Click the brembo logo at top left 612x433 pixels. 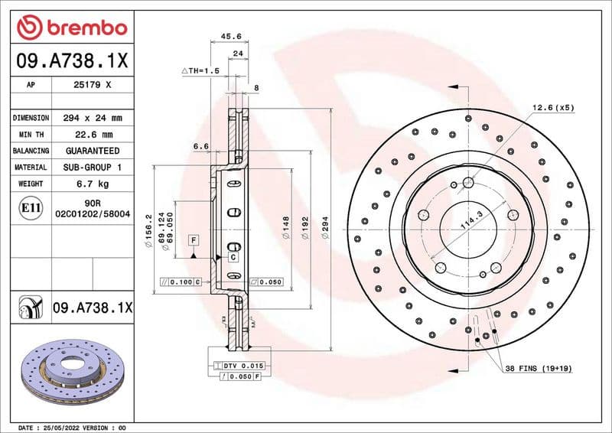[x=71, y=28]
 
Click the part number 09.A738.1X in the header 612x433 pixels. [x=71, y=60]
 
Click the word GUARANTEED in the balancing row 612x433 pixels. [x=92, y=151]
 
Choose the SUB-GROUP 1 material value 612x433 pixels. [x=92, y=167]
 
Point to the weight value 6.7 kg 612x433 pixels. [x=92, y=184]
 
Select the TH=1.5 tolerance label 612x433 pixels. [x=201, y=70]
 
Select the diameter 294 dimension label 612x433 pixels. [x=326, y=229]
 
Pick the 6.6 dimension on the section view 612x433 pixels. [x=201, y=145]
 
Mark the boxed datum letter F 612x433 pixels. [x=194, y=240]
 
